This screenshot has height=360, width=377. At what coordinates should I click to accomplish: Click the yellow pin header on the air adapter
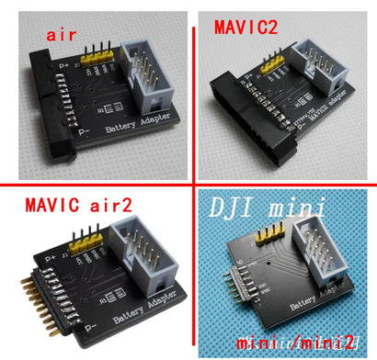point(97,57)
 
